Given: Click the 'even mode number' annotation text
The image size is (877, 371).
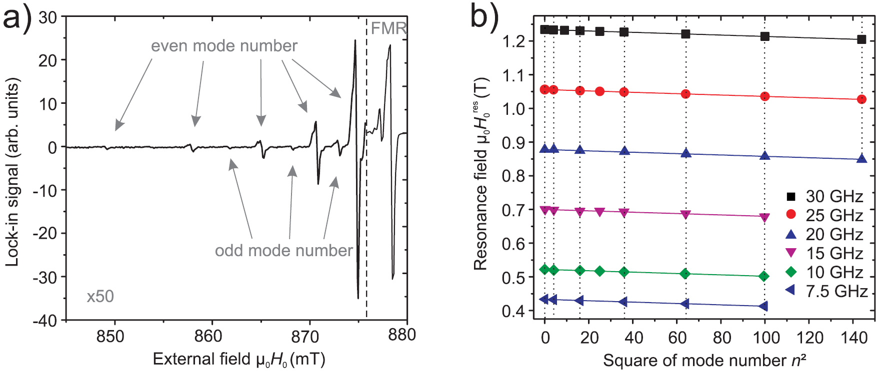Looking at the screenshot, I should [x=224, y=46].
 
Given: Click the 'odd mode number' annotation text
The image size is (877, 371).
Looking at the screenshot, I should [x=283, y=250].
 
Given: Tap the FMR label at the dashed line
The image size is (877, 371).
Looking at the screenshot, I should [x=387, y=28].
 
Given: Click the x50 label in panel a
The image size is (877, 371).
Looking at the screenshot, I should [x=100, y=297].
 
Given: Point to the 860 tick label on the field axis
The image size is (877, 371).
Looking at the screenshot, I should [x=208, y=337].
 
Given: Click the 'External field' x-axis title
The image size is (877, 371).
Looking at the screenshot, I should [x=238, y=360].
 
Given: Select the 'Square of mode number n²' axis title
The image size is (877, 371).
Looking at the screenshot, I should [x=704, y=361].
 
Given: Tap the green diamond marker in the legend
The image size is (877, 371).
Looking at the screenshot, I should [x=790, y=272].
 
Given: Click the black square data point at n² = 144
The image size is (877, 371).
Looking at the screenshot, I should [x=861, y=39].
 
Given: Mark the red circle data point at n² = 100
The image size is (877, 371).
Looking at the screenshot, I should [x=764, y=96].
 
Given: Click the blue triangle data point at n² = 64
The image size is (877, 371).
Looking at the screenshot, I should [x=686, y=154].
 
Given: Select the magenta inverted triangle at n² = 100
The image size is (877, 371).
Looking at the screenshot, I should [x=764, y=217].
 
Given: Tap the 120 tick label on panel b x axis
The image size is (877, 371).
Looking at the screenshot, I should [x=809, y=338].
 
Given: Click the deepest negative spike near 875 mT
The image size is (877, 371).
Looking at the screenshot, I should [x=358, y=298].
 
